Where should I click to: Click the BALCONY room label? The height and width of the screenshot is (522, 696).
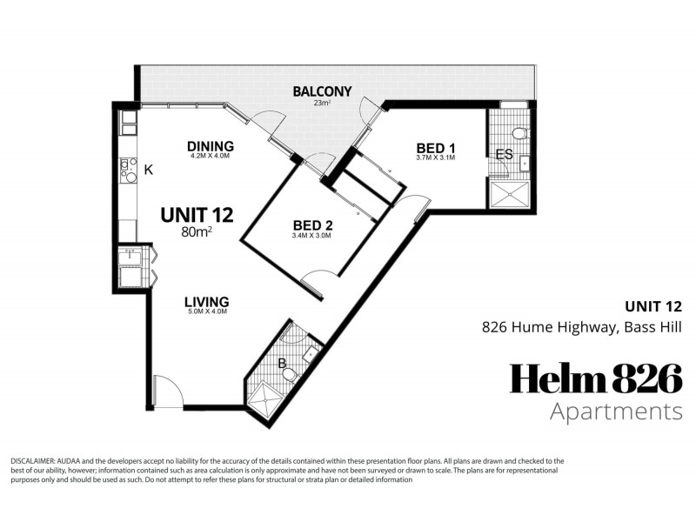322,91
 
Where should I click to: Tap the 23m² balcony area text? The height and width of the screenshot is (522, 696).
322,104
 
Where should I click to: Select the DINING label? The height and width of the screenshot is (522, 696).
211,146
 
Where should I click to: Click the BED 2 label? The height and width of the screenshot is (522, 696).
313,225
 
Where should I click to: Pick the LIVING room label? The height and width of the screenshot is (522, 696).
206,303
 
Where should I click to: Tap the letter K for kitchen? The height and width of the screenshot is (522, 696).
149,169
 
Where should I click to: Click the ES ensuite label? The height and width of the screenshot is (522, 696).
503,155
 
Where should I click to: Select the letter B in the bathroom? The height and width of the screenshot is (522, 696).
282,364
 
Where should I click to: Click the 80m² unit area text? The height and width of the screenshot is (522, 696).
197,231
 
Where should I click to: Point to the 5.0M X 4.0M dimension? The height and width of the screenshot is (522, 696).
206,313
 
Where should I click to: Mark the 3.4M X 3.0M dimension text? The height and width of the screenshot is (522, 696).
313,236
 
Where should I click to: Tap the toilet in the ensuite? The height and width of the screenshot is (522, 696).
519,133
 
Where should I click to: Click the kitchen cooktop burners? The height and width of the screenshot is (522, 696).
128,169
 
